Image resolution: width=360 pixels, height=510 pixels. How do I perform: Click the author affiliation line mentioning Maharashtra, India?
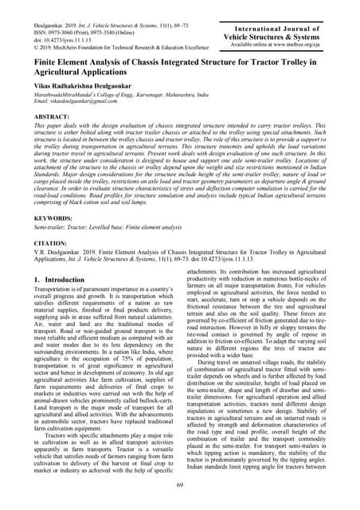(x=112, y=95)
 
